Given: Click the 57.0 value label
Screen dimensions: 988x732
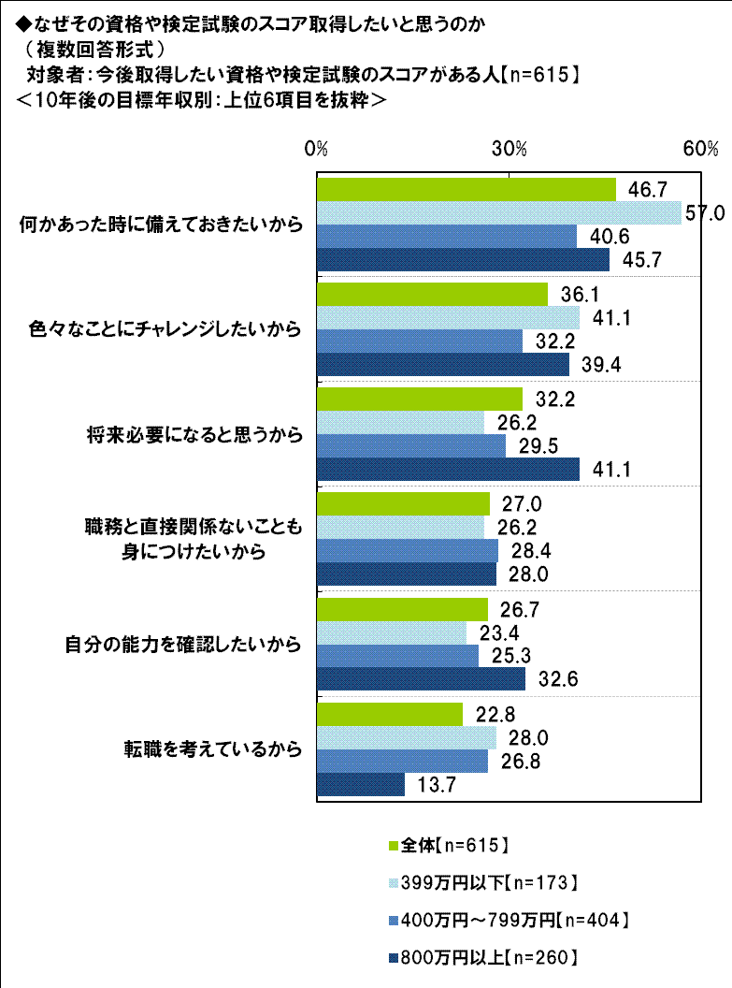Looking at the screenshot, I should (706, 213).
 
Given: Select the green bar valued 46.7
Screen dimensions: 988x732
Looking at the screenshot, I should (466, 190).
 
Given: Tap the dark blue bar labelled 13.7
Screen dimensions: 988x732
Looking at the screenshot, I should (361, 784).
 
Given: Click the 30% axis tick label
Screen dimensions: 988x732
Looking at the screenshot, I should (510, 149).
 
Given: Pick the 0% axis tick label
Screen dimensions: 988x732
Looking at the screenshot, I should (317, 149).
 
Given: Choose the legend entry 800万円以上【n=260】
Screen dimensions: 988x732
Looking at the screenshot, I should (481, 956).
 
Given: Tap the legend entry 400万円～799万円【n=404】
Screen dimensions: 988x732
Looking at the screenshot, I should (506, 919).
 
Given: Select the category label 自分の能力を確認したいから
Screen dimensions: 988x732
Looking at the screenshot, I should (183, 644).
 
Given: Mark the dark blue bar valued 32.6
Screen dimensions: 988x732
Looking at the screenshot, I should (421, 679).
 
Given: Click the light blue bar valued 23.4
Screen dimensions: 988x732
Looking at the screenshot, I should (392, 632).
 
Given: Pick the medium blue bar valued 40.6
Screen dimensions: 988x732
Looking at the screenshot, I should (447, 237).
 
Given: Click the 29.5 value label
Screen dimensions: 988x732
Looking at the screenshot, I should (535, 446).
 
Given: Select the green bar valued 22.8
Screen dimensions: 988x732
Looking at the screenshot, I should (390, 714).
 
